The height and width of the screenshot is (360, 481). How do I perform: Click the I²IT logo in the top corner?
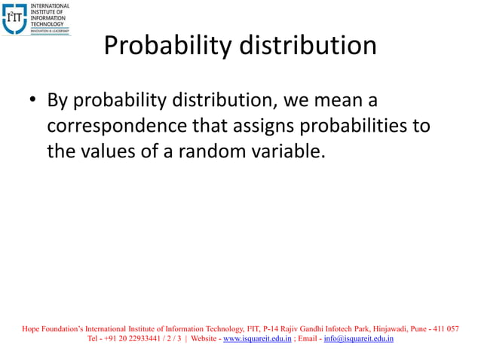coord(15,18)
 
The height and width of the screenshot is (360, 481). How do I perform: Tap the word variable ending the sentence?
coord(290,151)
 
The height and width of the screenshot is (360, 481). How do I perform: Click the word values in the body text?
coord(118,151)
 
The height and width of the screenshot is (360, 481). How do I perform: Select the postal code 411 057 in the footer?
coord(444,328)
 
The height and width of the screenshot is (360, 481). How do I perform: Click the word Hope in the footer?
coord(31,328)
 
